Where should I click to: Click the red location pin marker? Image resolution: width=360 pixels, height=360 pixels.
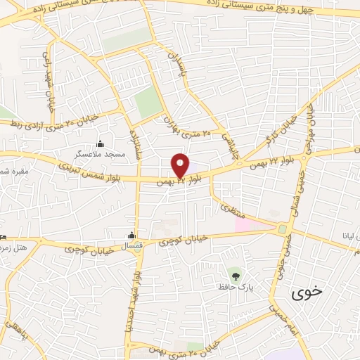tap(180, 164)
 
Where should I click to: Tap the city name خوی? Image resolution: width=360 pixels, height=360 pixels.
tap(307, 290)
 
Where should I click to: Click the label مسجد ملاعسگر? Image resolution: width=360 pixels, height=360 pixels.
tap(99, 153)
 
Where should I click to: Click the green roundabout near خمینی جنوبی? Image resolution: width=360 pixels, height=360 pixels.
tap(283, 229)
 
